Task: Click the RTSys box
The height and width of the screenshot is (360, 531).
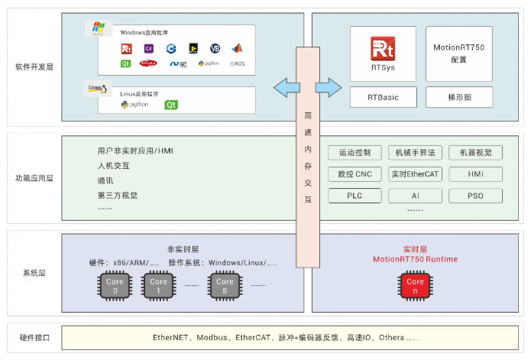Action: coord(383,54)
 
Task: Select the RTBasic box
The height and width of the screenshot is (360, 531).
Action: coord(383,97)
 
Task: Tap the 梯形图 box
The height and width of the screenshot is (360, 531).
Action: coord(459,97)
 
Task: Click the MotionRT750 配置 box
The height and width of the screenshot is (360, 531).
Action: coord(459,54)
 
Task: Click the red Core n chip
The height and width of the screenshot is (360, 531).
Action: coord(415,287)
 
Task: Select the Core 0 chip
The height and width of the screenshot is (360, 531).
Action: coord(115,287)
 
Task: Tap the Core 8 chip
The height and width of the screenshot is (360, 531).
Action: coord(225,287)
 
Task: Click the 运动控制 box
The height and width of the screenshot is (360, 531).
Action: coord(354,153)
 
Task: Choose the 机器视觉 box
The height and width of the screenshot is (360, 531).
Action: coord(476,153)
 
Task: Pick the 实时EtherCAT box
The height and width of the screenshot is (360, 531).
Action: coord(415,174)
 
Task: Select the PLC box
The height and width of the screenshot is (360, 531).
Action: coord(354,196)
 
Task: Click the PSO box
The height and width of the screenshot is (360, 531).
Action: coord(476,196)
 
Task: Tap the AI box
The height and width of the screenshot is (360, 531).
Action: coord(415,196)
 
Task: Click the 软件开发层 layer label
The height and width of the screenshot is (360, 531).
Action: coord(34,67)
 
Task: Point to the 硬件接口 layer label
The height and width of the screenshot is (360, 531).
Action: coord(34,337)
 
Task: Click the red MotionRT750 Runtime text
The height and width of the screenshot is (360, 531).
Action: coord(415,259)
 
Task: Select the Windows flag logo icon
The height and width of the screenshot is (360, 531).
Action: coord(97,29)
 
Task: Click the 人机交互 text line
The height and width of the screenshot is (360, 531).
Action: coord(114,166)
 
